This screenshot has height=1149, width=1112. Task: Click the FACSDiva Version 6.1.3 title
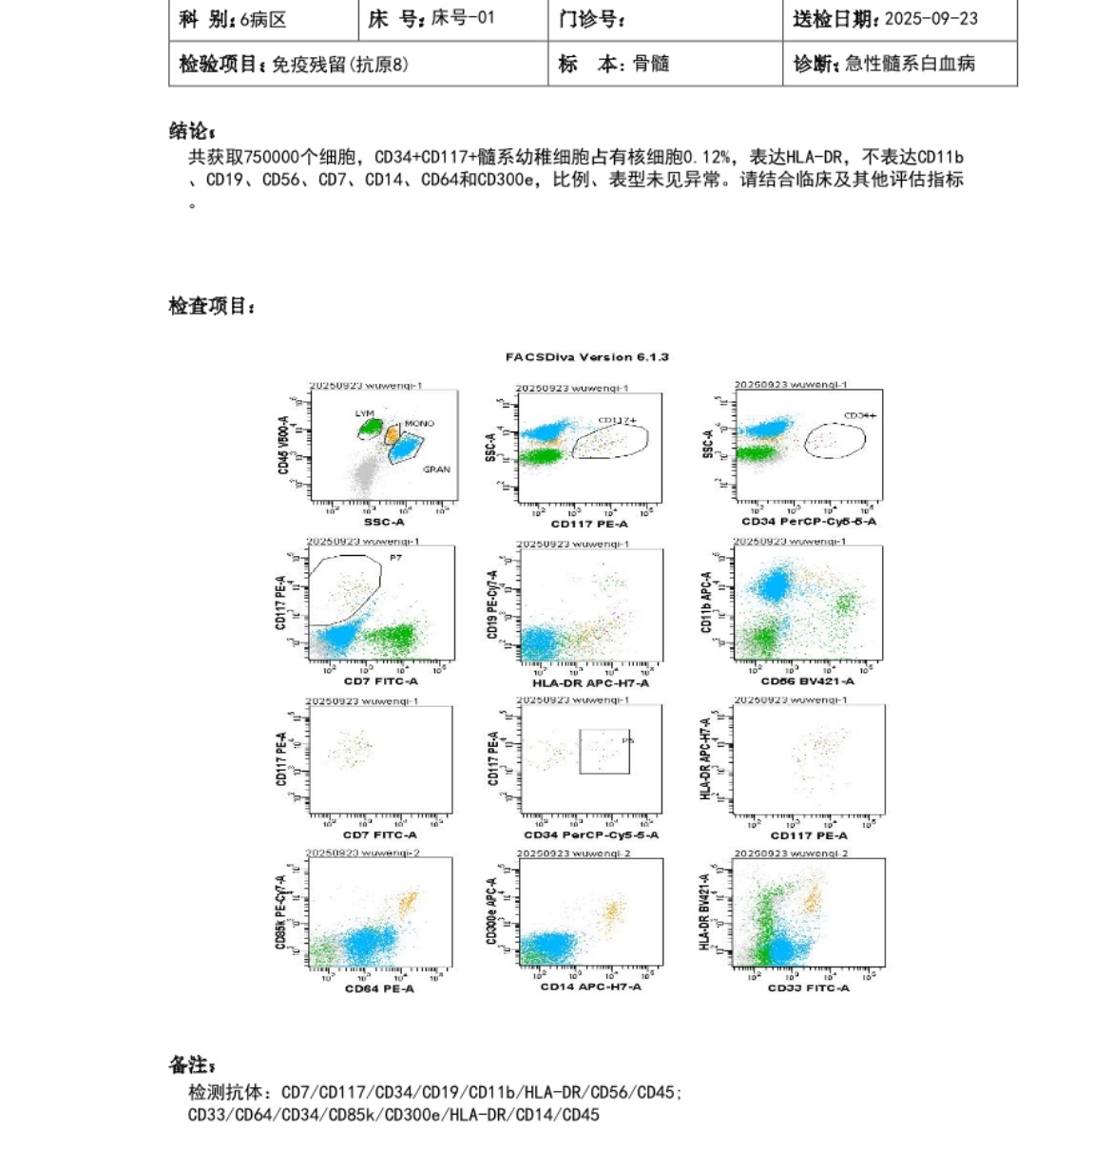click(586, 357)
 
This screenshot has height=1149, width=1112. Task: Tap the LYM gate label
click(364, 413)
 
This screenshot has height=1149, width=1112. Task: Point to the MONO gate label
click(419, 424)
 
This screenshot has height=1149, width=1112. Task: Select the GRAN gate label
click(436, 469)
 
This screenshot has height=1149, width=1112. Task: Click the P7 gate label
click(395, 558)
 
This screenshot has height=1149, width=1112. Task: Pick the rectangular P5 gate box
click(604, 752)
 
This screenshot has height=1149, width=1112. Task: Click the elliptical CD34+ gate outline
click(835, 440)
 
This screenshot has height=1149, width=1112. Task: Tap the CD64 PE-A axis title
click(379, 988)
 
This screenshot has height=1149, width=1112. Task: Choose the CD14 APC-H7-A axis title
click(590, 986)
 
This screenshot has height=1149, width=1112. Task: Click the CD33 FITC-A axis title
click(809, 987)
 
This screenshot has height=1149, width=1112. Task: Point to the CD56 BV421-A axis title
click(807, 680)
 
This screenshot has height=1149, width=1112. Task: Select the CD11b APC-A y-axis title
click(706, 603)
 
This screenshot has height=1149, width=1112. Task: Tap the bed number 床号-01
click(462, 18)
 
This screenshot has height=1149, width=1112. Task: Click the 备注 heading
click(192, 1065)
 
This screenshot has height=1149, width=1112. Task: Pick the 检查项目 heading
click(212, 306)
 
